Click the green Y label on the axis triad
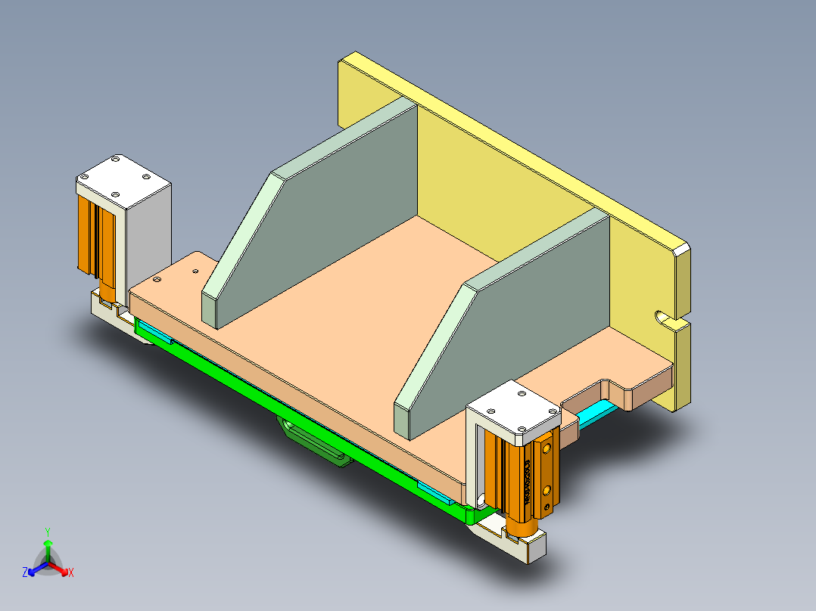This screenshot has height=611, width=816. [48, 532]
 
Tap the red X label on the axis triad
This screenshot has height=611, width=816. [71, 572]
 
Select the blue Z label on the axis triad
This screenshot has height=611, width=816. [25, 572]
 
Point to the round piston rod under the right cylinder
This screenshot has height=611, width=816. [520, 526]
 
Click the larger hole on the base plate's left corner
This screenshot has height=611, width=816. [157, 280]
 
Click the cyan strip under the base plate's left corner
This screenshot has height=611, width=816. [154, 332]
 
